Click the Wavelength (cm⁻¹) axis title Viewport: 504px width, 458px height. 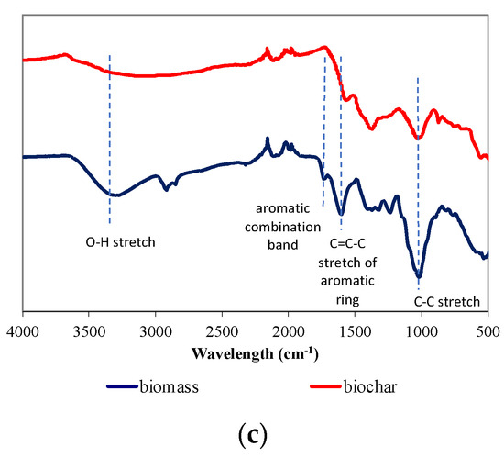pos(254,352)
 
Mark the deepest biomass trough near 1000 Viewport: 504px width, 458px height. pos(419,274)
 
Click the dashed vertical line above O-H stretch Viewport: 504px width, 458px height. pos(110,138)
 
